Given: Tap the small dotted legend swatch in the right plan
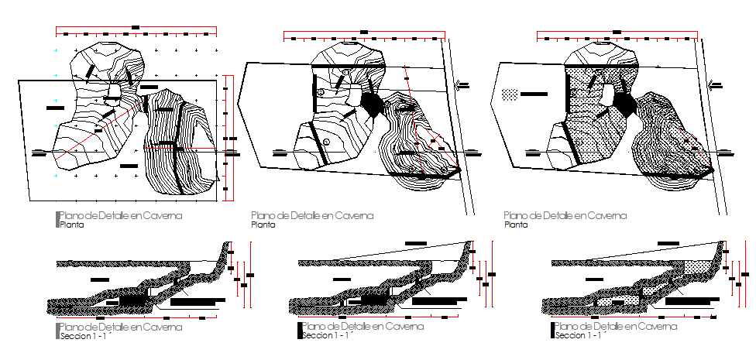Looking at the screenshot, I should (x=509, y=94).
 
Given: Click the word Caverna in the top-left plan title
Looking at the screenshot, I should (x=162, y=216).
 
